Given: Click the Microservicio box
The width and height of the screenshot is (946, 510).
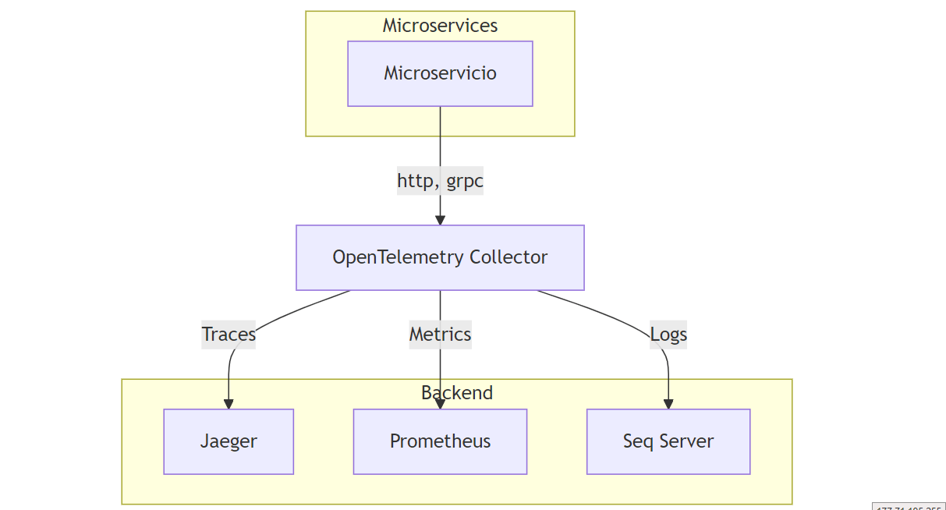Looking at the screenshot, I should [x=440, y=73].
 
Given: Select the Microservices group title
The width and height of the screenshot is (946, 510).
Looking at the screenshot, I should [x=440, y=26].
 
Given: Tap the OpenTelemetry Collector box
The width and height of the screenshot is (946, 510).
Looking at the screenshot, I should [x=440, y=257].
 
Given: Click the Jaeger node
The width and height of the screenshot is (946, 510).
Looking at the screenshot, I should [x=229, y=441].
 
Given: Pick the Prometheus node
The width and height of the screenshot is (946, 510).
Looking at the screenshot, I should [x=440, y=441].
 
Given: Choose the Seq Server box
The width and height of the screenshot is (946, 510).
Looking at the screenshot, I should [x=668, y=441].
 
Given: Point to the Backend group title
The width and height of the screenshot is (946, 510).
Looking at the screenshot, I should [x=457, y=392].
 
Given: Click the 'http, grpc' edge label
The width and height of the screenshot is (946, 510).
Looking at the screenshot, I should [x=440, y=181].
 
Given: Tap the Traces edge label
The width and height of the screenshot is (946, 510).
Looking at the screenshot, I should [x=229, y=335].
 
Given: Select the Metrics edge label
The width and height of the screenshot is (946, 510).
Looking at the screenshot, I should [x=440, y=335].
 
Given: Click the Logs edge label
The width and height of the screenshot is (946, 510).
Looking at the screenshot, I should [x=668, y=335].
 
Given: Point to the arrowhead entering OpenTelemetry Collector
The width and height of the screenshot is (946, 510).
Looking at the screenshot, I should [x=440, y=220].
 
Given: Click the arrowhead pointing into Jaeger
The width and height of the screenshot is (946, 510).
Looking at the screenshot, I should [x=229, y=404].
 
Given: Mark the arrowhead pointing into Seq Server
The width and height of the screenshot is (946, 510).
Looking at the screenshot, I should [x=668, y=404].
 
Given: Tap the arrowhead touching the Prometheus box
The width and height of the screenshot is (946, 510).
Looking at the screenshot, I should [x=440, y=404].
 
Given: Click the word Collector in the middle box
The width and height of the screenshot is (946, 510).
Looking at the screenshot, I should [x=509, y=257].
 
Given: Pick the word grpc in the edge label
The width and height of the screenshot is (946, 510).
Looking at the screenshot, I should [x=465, y=182].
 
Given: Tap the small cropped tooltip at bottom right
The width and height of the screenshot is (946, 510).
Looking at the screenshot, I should [x=908, y=507].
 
